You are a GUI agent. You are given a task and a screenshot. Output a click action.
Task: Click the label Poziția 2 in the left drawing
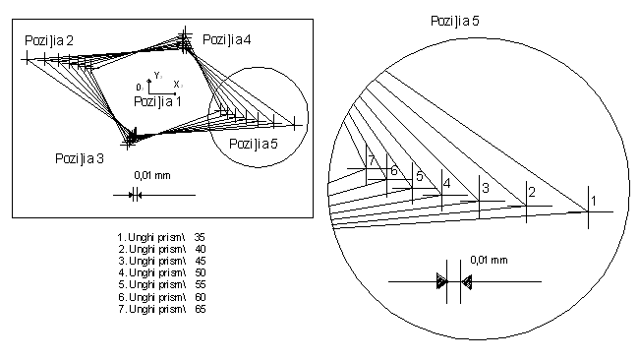click(49, 40)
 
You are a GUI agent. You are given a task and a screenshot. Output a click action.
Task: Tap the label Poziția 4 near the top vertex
click(226, 39)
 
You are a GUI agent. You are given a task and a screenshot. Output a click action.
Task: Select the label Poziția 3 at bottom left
click(80, 158)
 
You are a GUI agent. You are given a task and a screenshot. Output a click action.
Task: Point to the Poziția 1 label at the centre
click(157, 101)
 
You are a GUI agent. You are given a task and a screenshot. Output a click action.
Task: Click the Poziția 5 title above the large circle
click(455, 21)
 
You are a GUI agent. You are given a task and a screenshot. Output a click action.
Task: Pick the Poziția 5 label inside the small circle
click(253, 144)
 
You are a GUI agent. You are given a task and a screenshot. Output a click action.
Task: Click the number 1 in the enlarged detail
click(594, 201)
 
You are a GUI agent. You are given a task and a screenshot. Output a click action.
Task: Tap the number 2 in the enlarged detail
click(532, 192)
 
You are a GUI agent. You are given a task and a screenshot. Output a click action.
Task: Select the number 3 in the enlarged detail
click(486, 188)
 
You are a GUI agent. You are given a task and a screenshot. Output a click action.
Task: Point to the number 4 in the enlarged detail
click(446, 184)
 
